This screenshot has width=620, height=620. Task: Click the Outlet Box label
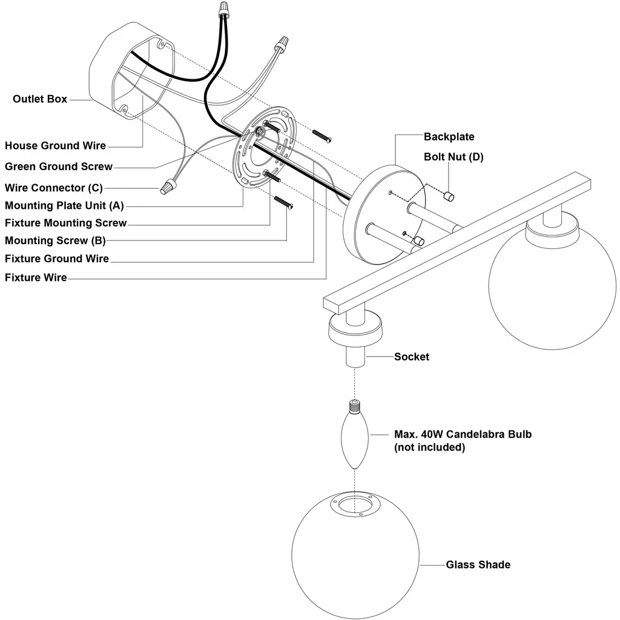coord(40,99)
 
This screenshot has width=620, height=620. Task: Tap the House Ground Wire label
coord(55,145)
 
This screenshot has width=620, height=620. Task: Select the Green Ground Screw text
coord(59,167)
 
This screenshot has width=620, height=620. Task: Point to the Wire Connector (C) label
coord(54,188)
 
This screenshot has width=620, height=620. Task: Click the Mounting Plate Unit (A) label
coord(64,206)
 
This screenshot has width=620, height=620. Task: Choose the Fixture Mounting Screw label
coord(65,223)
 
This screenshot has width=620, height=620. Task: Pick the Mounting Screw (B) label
coord(55,240)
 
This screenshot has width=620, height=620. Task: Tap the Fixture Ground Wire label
coord(57,259)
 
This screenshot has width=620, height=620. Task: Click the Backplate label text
coord(449,137)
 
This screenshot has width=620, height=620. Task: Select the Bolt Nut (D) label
coord(453,157)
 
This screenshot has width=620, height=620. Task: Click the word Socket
coord(412,357)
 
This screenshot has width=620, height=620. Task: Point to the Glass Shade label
coord(478,565)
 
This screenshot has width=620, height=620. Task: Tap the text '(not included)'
coord(429,447)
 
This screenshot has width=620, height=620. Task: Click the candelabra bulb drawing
coord(355,435)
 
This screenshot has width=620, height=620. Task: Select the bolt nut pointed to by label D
coord(449,196)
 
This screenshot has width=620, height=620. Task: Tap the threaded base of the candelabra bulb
coord(355,406)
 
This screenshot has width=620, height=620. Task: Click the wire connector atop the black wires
coord(224,8)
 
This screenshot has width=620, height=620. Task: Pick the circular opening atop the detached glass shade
coord(355,504)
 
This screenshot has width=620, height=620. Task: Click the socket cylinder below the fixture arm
coord(355,357)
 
